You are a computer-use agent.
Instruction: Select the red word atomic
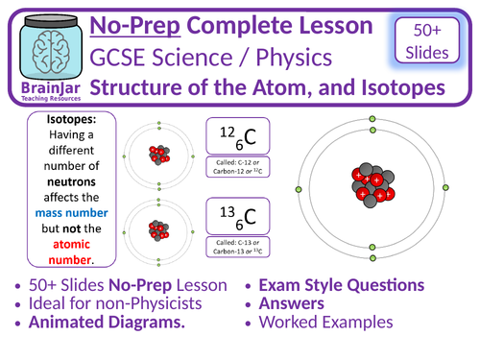coord(61,243)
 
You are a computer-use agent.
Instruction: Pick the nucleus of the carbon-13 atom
coord(160,231)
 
